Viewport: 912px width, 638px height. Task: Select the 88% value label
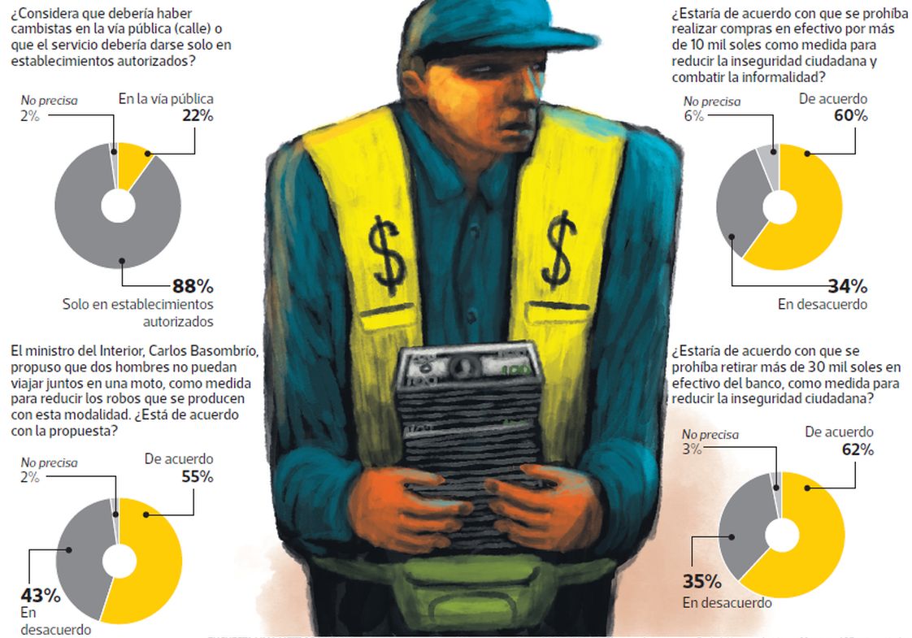tap(192, 286)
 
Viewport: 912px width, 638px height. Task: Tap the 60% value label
tap(849, 115)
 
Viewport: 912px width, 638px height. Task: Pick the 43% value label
tap(41, 596)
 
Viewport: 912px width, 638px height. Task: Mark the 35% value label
tap(702, 583)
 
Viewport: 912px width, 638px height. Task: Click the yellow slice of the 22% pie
tap(132, 163)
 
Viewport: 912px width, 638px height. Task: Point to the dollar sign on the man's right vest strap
tap(386, 248)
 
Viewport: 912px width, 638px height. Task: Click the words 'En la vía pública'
tap(166, 99)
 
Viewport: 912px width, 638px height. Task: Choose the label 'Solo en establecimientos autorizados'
tap(138, 312)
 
